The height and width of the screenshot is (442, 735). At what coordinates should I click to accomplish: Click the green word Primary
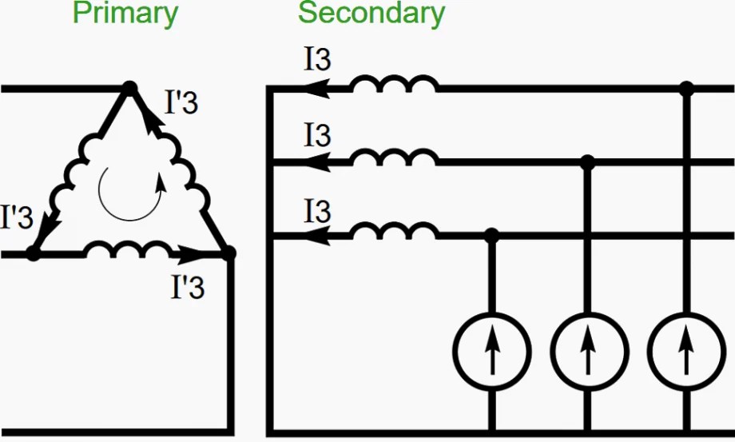click(125, 14)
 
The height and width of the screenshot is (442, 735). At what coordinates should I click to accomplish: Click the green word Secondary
click(371, 14)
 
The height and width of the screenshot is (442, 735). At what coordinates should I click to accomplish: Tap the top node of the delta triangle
click(129, 87)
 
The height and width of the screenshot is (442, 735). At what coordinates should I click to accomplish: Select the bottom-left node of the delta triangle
click(33, 254)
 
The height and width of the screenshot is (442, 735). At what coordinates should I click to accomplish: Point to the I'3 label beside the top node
click(181, 103)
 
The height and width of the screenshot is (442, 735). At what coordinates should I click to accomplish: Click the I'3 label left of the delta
click(17, 217)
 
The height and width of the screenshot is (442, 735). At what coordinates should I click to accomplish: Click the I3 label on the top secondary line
click(317, 60)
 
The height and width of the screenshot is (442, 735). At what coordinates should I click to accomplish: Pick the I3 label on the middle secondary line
click(317, 135)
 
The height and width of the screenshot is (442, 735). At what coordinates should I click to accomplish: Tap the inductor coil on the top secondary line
click(394, 84)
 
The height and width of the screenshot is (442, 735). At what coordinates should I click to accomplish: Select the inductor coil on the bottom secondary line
click(394, 233)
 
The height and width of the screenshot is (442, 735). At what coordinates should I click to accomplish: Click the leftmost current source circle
click(491, 349)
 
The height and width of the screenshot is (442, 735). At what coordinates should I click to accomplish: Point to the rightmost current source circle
click(685, 349)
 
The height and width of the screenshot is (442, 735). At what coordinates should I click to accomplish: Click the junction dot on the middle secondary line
click(588, 163)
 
